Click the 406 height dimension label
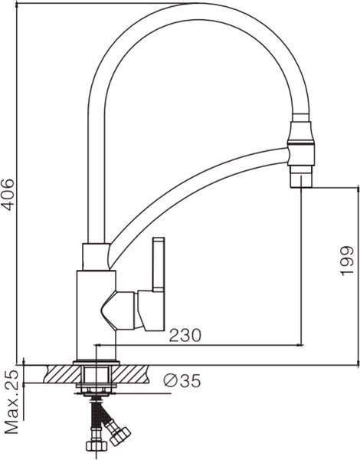coord(8,195)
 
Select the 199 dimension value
coord(346,261)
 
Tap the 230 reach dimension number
coord(185,335)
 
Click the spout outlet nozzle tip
coord(300,178)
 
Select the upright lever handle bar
coord(159,264)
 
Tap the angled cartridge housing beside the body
coord(120,310)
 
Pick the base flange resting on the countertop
coord(97,362)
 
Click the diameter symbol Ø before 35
coord(171,381)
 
